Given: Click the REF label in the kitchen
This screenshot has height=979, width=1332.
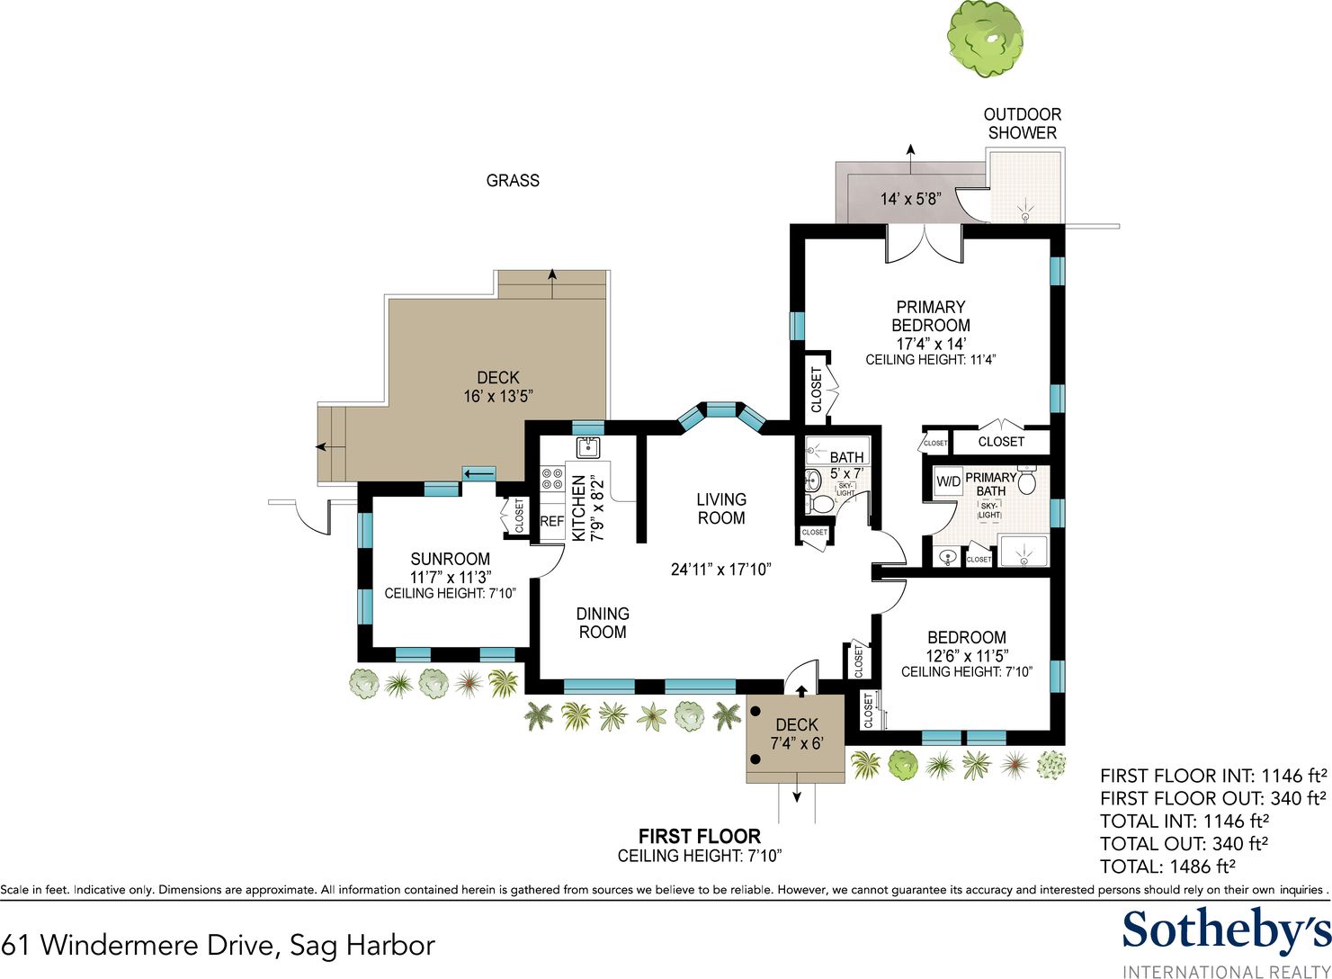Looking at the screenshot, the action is pyautogui.click(x=552, y=522).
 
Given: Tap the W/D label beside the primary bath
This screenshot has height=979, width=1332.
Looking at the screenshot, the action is pyautogui.click(x=949, y=481).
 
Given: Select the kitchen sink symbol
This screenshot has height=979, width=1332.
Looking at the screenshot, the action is pyautogui.click(x=589, y=448).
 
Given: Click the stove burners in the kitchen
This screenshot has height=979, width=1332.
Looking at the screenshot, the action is pyautogui.click(x=552, y=479).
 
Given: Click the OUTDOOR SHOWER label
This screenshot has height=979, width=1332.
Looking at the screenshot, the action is pyautogui.click(x=1023, y=123).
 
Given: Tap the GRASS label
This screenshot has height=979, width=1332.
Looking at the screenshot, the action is pyautogui.click(x=513, y=180).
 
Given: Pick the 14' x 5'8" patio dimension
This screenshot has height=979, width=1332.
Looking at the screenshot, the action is pyautogui.click(x=910, y=199).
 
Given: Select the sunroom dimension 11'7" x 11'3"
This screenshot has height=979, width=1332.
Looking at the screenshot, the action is pyautogui.click(x=450, y=577).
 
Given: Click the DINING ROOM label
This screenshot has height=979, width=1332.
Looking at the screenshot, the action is pyautogui.click(x=603, y=623).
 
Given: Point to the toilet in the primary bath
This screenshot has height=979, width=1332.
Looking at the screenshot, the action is pyautogui.click(x=1027, y=481).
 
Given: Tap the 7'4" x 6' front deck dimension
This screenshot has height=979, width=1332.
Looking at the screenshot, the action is pyautogui.click(x=797, y=743).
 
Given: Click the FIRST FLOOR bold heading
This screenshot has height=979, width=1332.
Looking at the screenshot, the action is pyautogui.click(x=700, y=836).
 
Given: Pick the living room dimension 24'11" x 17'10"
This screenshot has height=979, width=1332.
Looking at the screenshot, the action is pyautogui.click(x=720, y=570).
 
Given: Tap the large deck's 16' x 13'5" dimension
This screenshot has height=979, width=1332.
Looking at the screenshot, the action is pyautogui.click(x=497, y=396).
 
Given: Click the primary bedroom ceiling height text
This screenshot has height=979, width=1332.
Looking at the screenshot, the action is pyautogui.click(x=931, y=359).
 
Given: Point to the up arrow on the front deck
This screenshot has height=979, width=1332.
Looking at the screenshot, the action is pyautogui.click(x=801, y=691).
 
